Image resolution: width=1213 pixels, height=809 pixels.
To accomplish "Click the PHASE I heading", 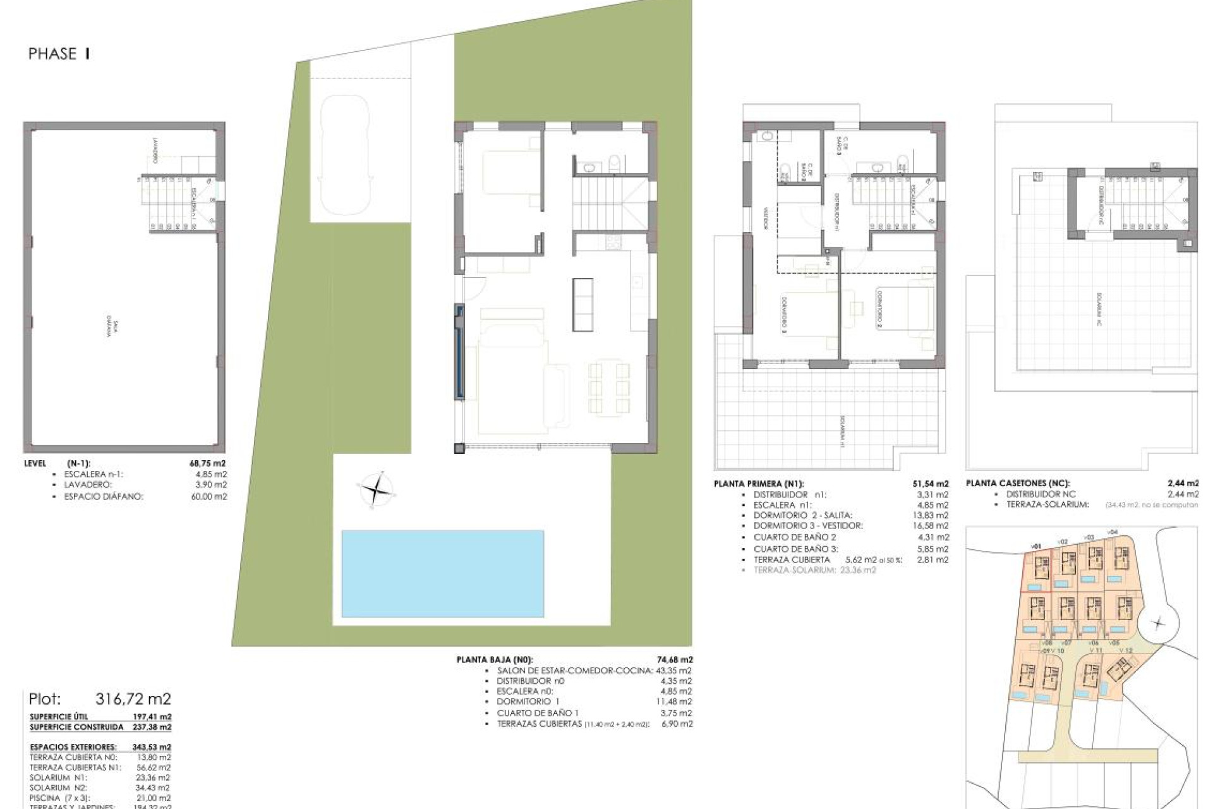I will click(59, 54).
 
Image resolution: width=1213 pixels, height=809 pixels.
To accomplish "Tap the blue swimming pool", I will click(442, 573).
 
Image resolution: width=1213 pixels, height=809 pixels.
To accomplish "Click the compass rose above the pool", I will click(376, 489).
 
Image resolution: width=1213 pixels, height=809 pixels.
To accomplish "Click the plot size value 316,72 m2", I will click(133, 699).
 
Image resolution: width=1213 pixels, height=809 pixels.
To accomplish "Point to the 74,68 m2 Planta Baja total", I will click(675, 659).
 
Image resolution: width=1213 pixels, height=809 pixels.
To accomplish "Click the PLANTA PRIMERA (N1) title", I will click(759, 485).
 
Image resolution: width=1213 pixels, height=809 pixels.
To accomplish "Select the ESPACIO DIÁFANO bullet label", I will click(104, 497).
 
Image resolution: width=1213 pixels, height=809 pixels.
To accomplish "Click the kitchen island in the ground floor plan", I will click(583, 305).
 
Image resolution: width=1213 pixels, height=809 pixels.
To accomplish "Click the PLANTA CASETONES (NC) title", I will click(1017, 484).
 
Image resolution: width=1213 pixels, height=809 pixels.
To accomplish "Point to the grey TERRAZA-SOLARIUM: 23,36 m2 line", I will click(814, 570).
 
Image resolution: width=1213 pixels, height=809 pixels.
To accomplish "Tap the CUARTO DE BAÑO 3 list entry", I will click(795, 549).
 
